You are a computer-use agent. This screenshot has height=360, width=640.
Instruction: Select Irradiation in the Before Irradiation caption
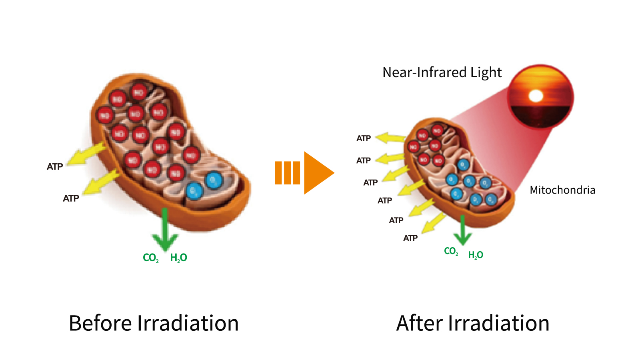coord(188,323)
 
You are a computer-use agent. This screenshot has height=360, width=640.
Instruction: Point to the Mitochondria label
coord(562,190)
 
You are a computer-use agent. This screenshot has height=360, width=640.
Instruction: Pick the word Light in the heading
coord(486,72)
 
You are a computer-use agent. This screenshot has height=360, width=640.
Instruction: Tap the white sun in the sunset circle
coord(536,96)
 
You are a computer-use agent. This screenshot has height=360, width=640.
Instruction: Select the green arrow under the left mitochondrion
coord(165,230)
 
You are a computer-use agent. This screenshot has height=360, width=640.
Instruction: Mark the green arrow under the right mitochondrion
coord(462,231)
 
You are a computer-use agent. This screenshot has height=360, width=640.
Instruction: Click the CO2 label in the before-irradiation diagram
coord(151,258)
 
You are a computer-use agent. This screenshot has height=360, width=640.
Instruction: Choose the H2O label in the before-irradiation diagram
coord(178,258)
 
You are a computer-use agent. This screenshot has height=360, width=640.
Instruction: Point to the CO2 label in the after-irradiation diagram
coord(451,251)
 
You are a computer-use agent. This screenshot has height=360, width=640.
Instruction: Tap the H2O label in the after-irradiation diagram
coord(476,255)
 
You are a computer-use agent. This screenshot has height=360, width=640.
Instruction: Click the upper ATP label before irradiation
coord(55,167)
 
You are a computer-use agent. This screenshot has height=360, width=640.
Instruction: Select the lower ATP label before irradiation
coord(71,198)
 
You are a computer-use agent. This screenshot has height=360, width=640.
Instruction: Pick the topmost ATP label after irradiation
coord(364,138)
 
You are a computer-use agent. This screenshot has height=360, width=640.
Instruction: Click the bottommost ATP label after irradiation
coord(410,238)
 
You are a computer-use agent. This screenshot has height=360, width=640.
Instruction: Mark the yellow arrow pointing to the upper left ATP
coord(86,154)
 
